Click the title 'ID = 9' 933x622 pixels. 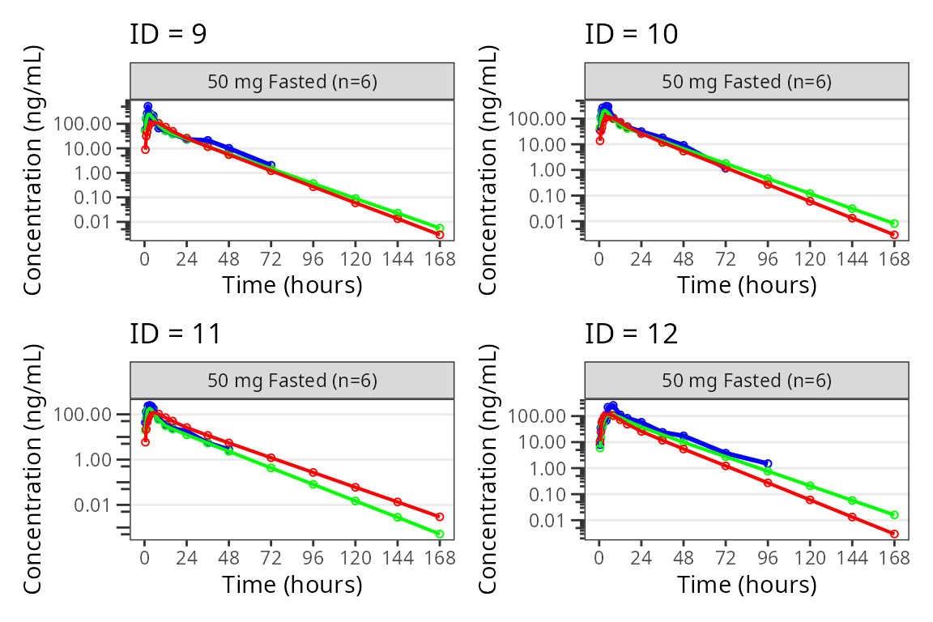[x=168, y=35]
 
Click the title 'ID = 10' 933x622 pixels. [x=631, y=35]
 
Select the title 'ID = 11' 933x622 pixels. [x=175, y=334]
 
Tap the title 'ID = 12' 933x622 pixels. [x=631, y=334]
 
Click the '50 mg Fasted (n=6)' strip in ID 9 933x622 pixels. [x=292, y=81]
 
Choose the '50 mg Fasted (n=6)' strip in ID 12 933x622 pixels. [x=747, y=381]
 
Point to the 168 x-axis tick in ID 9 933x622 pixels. [x=440, y=259]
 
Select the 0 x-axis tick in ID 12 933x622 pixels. [x=599, y=558]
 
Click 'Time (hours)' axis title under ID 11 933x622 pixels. [x=292, y=583]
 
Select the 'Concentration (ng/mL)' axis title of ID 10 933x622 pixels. [x=490, y=170]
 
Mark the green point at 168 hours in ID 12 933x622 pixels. [x=894, y=515]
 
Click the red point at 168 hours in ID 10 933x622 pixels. [x=894, y=235]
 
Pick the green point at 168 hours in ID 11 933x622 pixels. [x=440, y=534]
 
